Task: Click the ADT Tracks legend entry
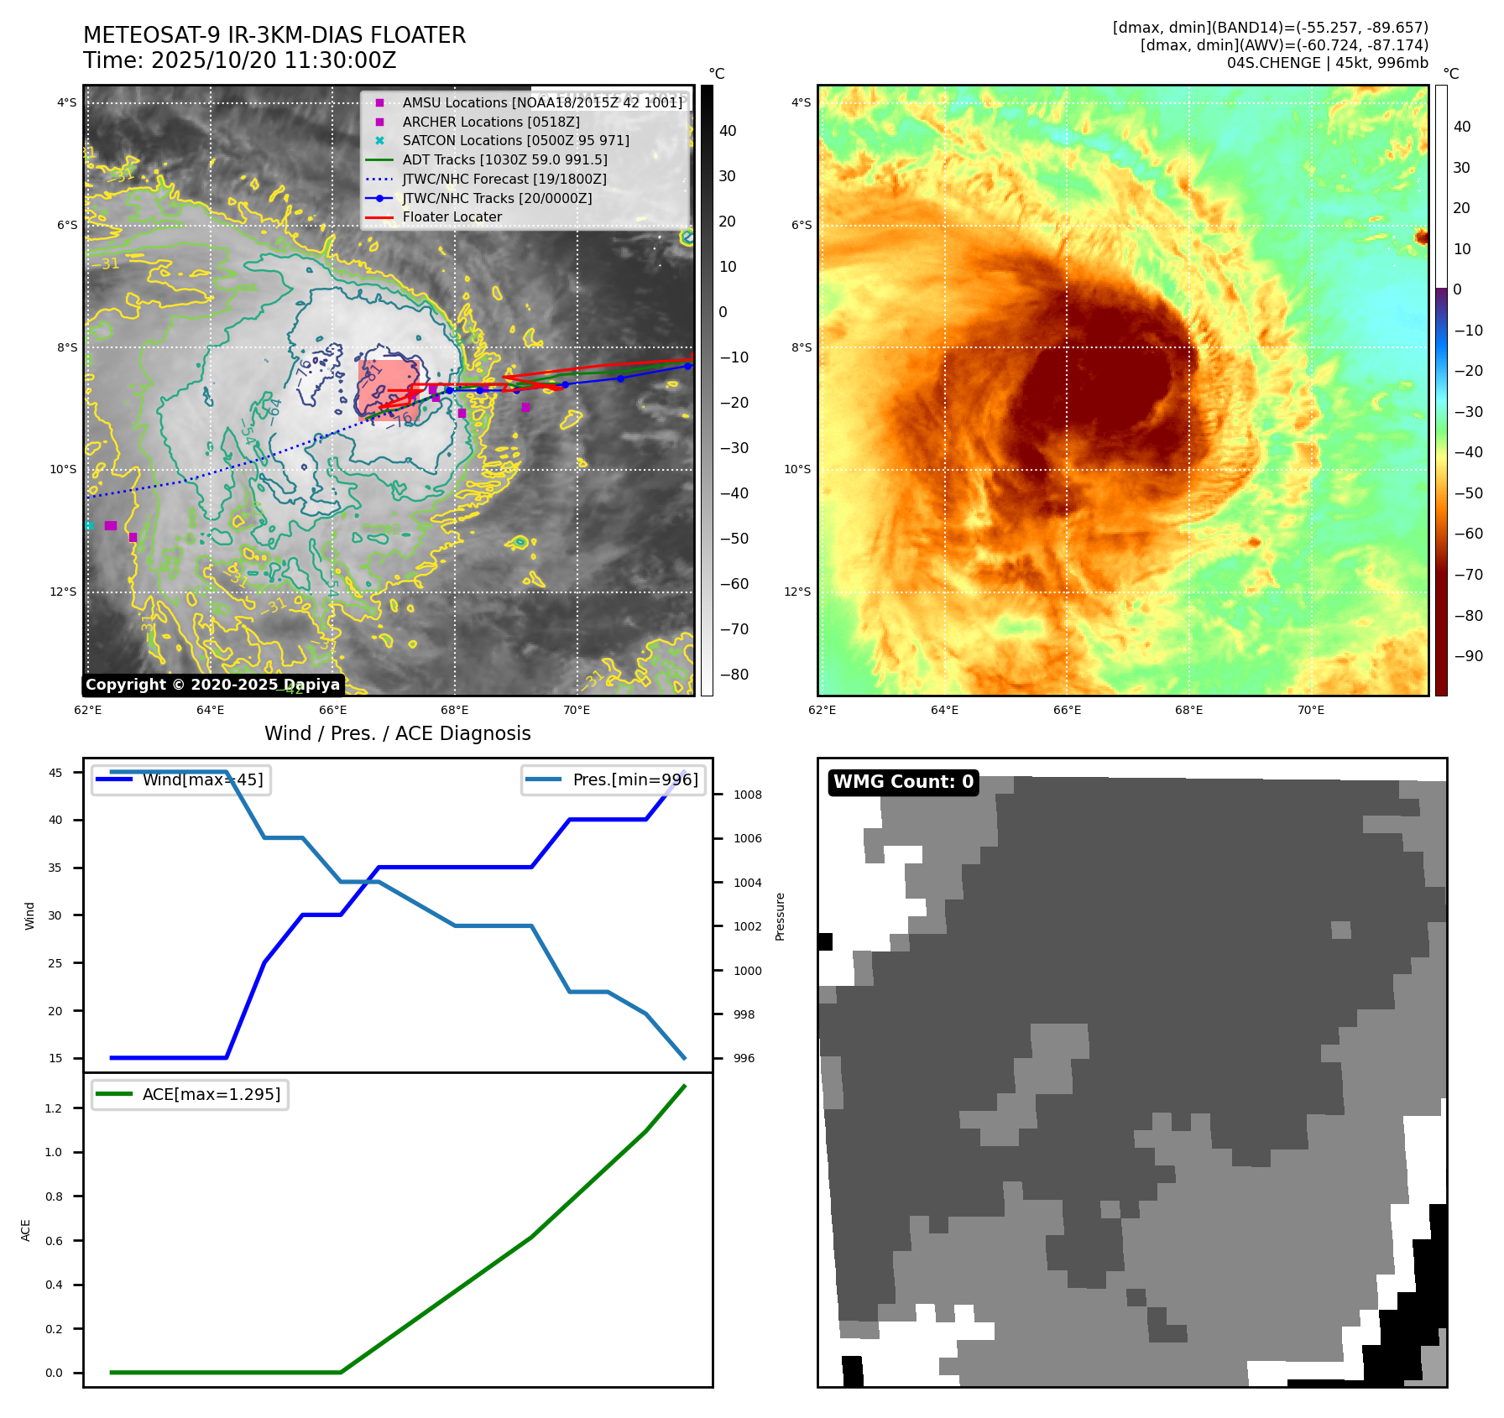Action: point(504,159)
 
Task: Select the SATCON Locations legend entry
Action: point(515,140)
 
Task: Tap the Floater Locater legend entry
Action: point(452,216)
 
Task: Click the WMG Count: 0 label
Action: point(903,782)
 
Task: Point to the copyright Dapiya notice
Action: point(212,685)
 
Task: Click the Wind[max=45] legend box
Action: point(181,779)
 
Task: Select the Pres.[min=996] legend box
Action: point(613,779)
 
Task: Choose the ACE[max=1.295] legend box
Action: point(190,1094)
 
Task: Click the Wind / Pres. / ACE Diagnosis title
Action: point(397,733)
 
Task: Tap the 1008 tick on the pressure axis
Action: point(747,795)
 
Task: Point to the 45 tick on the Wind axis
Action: point(55,773)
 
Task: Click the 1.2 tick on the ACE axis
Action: point(54,1108)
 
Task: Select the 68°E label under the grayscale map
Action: point(454,710)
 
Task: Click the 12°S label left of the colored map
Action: point(797,592)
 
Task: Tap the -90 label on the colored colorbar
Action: point(1468,656)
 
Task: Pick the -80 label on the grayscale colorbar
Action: point(734,675)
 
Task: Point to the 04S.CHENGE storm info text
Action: point(1327,63)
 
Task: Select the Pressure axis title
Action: point(780,916)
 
